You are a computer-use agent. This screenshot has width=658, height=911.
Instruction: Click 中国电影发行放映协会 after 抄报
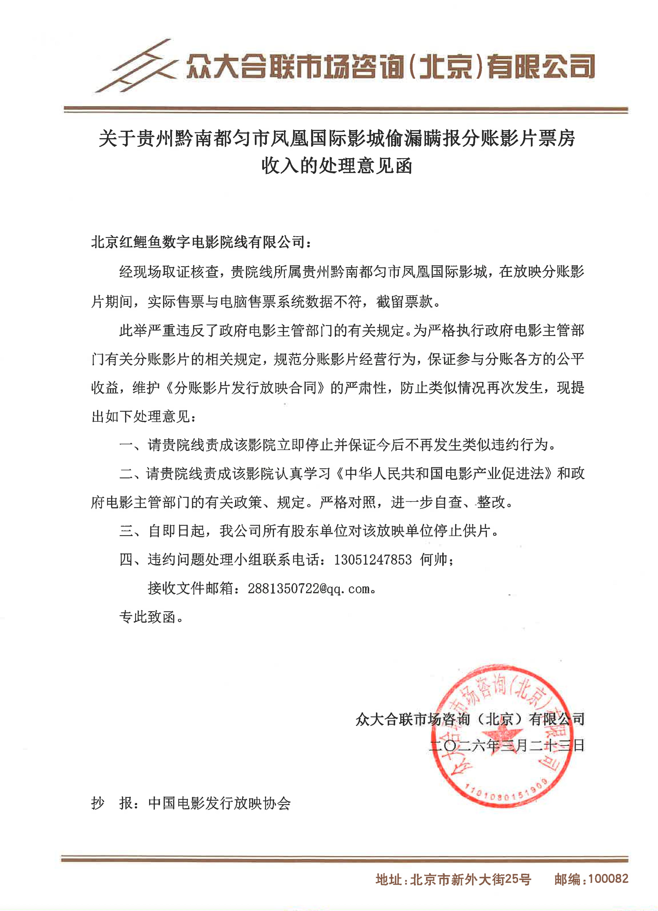(219, 803)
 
